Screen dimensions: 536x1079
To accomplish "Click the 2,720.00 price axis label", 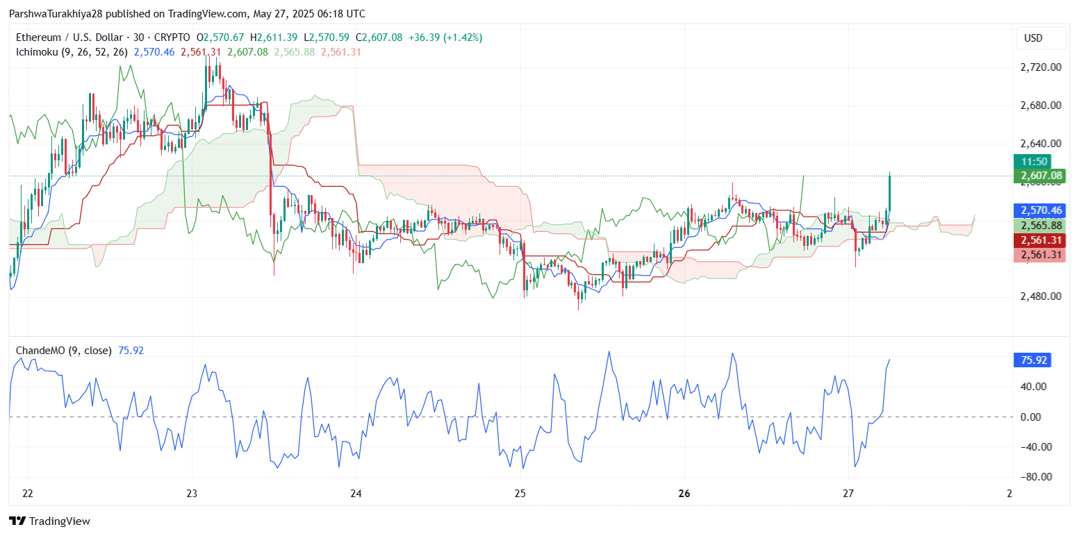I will pyautogui.click(x=1040, y=67).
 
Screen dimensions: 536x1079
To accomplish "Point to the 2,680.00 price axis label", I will pyautogui.click(x=1040, y=106).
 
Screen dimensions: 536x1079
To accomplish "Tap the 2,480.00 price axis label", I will pyautogui.click(x=1040, y=296).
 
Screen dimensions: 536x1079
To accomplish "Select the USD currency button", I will pyautogui.click(x=1033, y=38).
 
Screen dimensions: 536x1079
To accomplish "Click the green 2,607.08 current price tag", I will pyautogui.click(x=1033, y=176).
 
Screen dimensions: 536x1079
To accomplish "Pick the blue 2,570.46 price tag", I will pyautogui.click(x=1033, y=210).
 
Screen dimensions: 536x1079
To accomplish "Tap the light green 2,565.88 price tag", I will pyautogui.click(x=1033, y=226).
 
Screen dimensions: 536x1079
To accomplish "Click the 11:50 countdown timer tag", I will pyautogui.click(x=1033, y=162).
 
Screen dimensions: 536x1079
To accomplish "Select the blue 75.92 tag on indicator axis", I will pyautogui.click(x=1032, y=360).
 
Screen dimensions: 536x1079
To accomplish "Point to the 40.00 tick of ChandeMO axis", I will pyautogui.click(x=1035, y=387).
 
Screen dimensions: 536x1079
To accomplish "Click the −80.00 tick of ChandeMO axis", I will pyautogui.click(x=1033, y=477).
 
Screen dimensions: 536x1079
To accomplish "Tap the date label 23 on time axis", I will pyautogui.click(x=192, y=494).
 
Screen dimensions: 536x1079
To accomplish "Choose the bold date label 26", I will pyautogui.click(x=684, y=494).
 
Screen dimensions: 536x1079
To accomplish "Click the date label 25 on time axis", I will pyautogui.click(x=520, y=494).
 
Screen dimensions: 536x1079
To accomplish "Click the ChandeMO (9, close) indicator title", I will pyautogui.click(x=63, y=351).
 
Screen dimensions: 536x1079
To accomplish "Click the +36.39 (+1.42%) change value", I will pyautogui.click(x=444, y=37).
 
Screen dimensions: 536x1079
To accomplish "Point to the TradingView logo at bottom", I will pyautogui.click(x=49, y=521).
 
